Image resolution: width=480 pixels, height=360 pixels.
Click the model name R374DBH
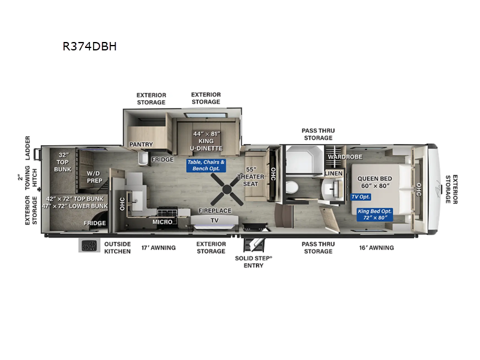click(x=89, y=46)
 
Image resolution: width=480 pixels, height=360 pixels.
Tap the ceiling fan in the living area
click(x=227, y=192)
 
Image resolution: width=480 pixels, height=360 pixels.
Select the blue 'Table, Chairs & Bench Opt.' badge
click(x=206, y=165)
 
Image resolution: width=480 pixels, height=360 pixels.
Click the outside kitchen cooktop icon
click(x=89, y=246)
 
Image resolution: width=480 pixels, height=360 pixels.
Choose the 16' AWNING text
click(x=376, y=247)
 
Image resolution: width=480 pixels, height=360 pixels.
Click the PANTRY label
click(x=142, y=145)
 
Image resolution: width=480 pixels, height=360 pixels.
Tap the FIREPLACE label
click(x=215, y=211)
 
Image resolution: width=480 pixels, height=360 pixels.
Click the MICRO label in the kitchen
click(x=162, y=222)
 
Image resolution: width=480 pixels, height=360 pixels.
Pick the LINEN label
click(x=333, y=173)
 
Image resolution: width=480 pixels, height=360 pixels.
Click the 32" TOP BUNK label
click(x=63, y=162)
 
